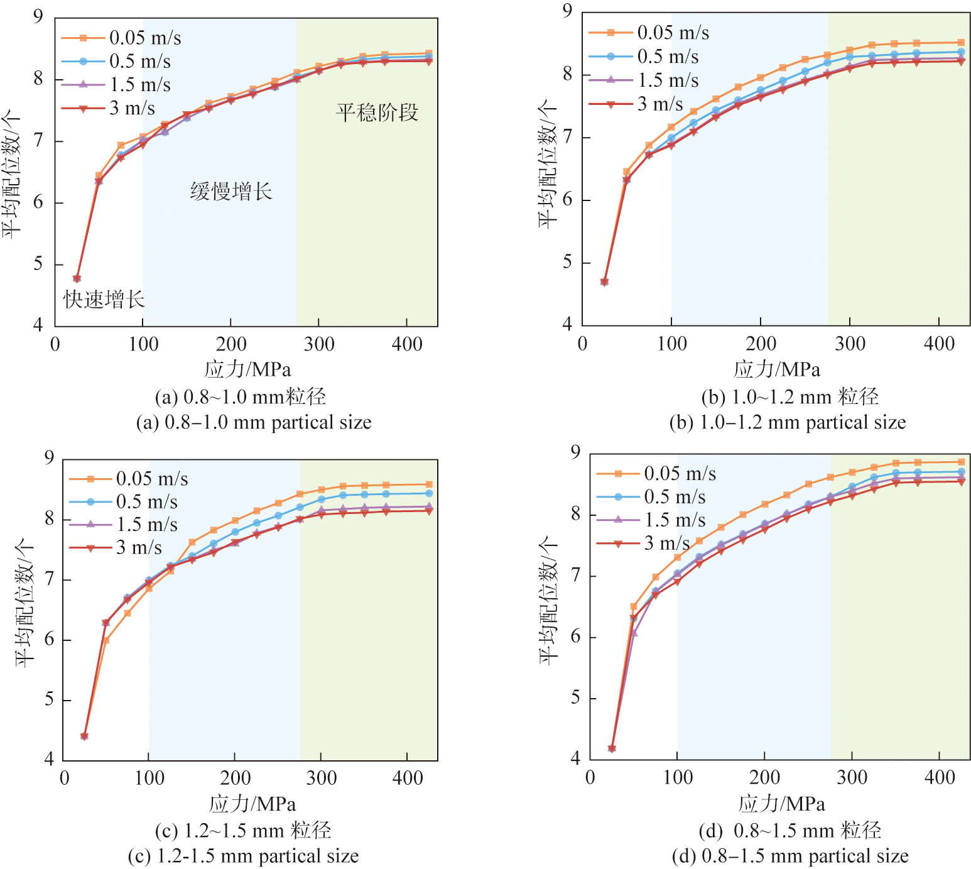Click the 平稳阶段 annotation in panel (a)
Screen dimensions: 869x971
[x=377, y=113]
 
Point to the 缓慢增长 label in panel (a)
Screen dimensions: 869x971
[x=231, y=191]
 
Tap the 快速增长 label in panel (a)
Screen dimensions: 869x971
[x=104, y=300]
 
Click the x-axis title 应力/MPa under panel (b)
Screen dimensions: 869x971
[x=777, y=369]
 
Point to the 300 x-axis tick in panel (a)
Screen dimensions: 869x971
[x=319, y=344]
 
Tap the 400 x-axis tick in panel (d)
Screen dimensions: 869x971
[x=940, y=778]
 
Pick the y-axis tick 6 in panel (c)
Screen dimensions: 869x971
[x=50, y=640]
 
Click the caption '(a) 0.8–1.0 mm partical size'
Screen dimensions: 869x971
[x=254, y=422]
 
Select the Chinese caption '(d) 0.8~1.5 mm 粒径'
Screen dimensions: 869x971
[x=789, y=831]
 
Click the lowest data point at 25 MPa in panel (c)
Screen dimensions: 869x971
[x=84, y=736]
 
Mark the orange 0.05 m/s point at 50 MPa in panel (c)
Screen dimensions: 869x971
[x=106, y=640]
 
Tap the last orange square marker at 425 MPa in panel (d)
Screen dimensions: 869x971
[x=962, y=462]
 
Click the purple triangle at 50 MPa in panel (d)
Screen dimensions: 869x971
[x=634, y=633]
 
